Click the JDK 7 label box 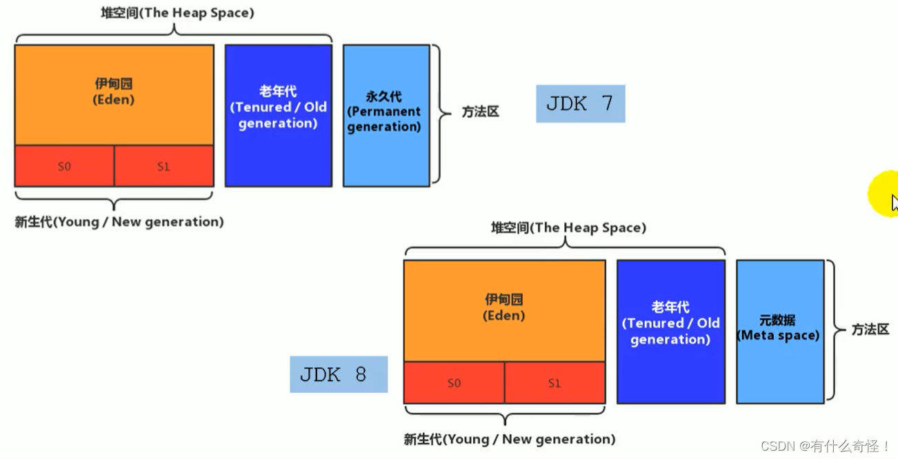click(x=580, y=104)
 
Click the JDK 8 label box click(x=338, y=374)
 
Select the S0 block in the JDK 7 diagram click(x=64, y=166)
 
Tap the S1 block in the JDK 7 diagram click(x=163, y=166)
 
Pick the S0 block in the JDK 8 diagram click(x=454, y=383)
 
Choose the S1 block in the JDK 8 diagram click(x=555, y=383)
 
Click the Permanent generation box click(x=386, y=115)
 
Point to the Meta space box click(x=779, y=331)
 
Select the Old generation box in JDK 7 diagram click(x=278, y=115)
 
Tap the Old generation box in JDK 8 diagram click(x=670, y=331)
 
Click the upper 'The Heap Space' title click(x=177, y=13)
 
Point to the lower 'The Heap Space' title click(x=568, y=228)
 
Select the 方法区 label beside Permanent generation click(x=480, y=112)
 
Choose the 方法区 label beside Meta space click(x=870, y=329)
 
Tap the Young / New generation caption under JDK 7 click(x=119, y=222)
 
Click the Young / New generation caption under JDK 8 click(x=509, y=439)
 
